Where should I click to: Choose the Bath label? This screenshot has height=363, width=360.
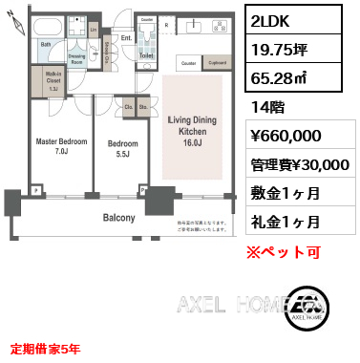pyautogui.click(x=45, y=45)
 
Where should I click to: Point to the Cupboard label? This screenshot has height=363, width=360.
pyautogui.click(x=217, y=63)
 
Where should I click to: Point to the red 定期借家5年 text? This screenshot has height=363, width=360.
pyautogui.click(x=45, y=348)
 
